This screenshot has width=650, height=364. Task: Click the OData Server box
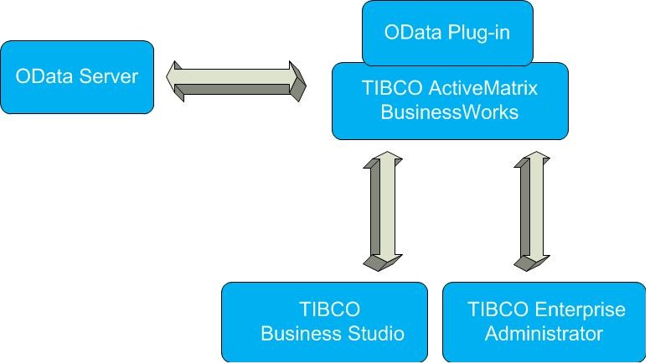click(x=77, y=77)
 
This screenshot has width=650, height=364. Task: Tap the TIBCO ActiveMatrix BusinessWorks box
click(x=449, y=101)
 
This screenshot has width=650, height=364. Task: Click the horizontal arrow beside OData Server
click(x=237, y=81)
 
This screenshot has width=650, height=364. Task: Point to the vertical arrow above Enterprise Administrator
click(x=531, y=211)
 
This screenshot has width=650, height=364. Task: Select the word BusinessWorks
click(x=450, y=112)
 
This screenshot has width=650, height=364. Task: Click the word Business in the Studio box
click(x=298, y=334)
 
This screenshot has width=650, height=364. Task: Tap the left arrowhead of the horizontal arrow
click(x=177, y=81)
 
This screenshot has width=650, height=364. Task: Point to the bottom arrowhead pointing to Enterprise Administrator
click(x=530, y=261)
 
